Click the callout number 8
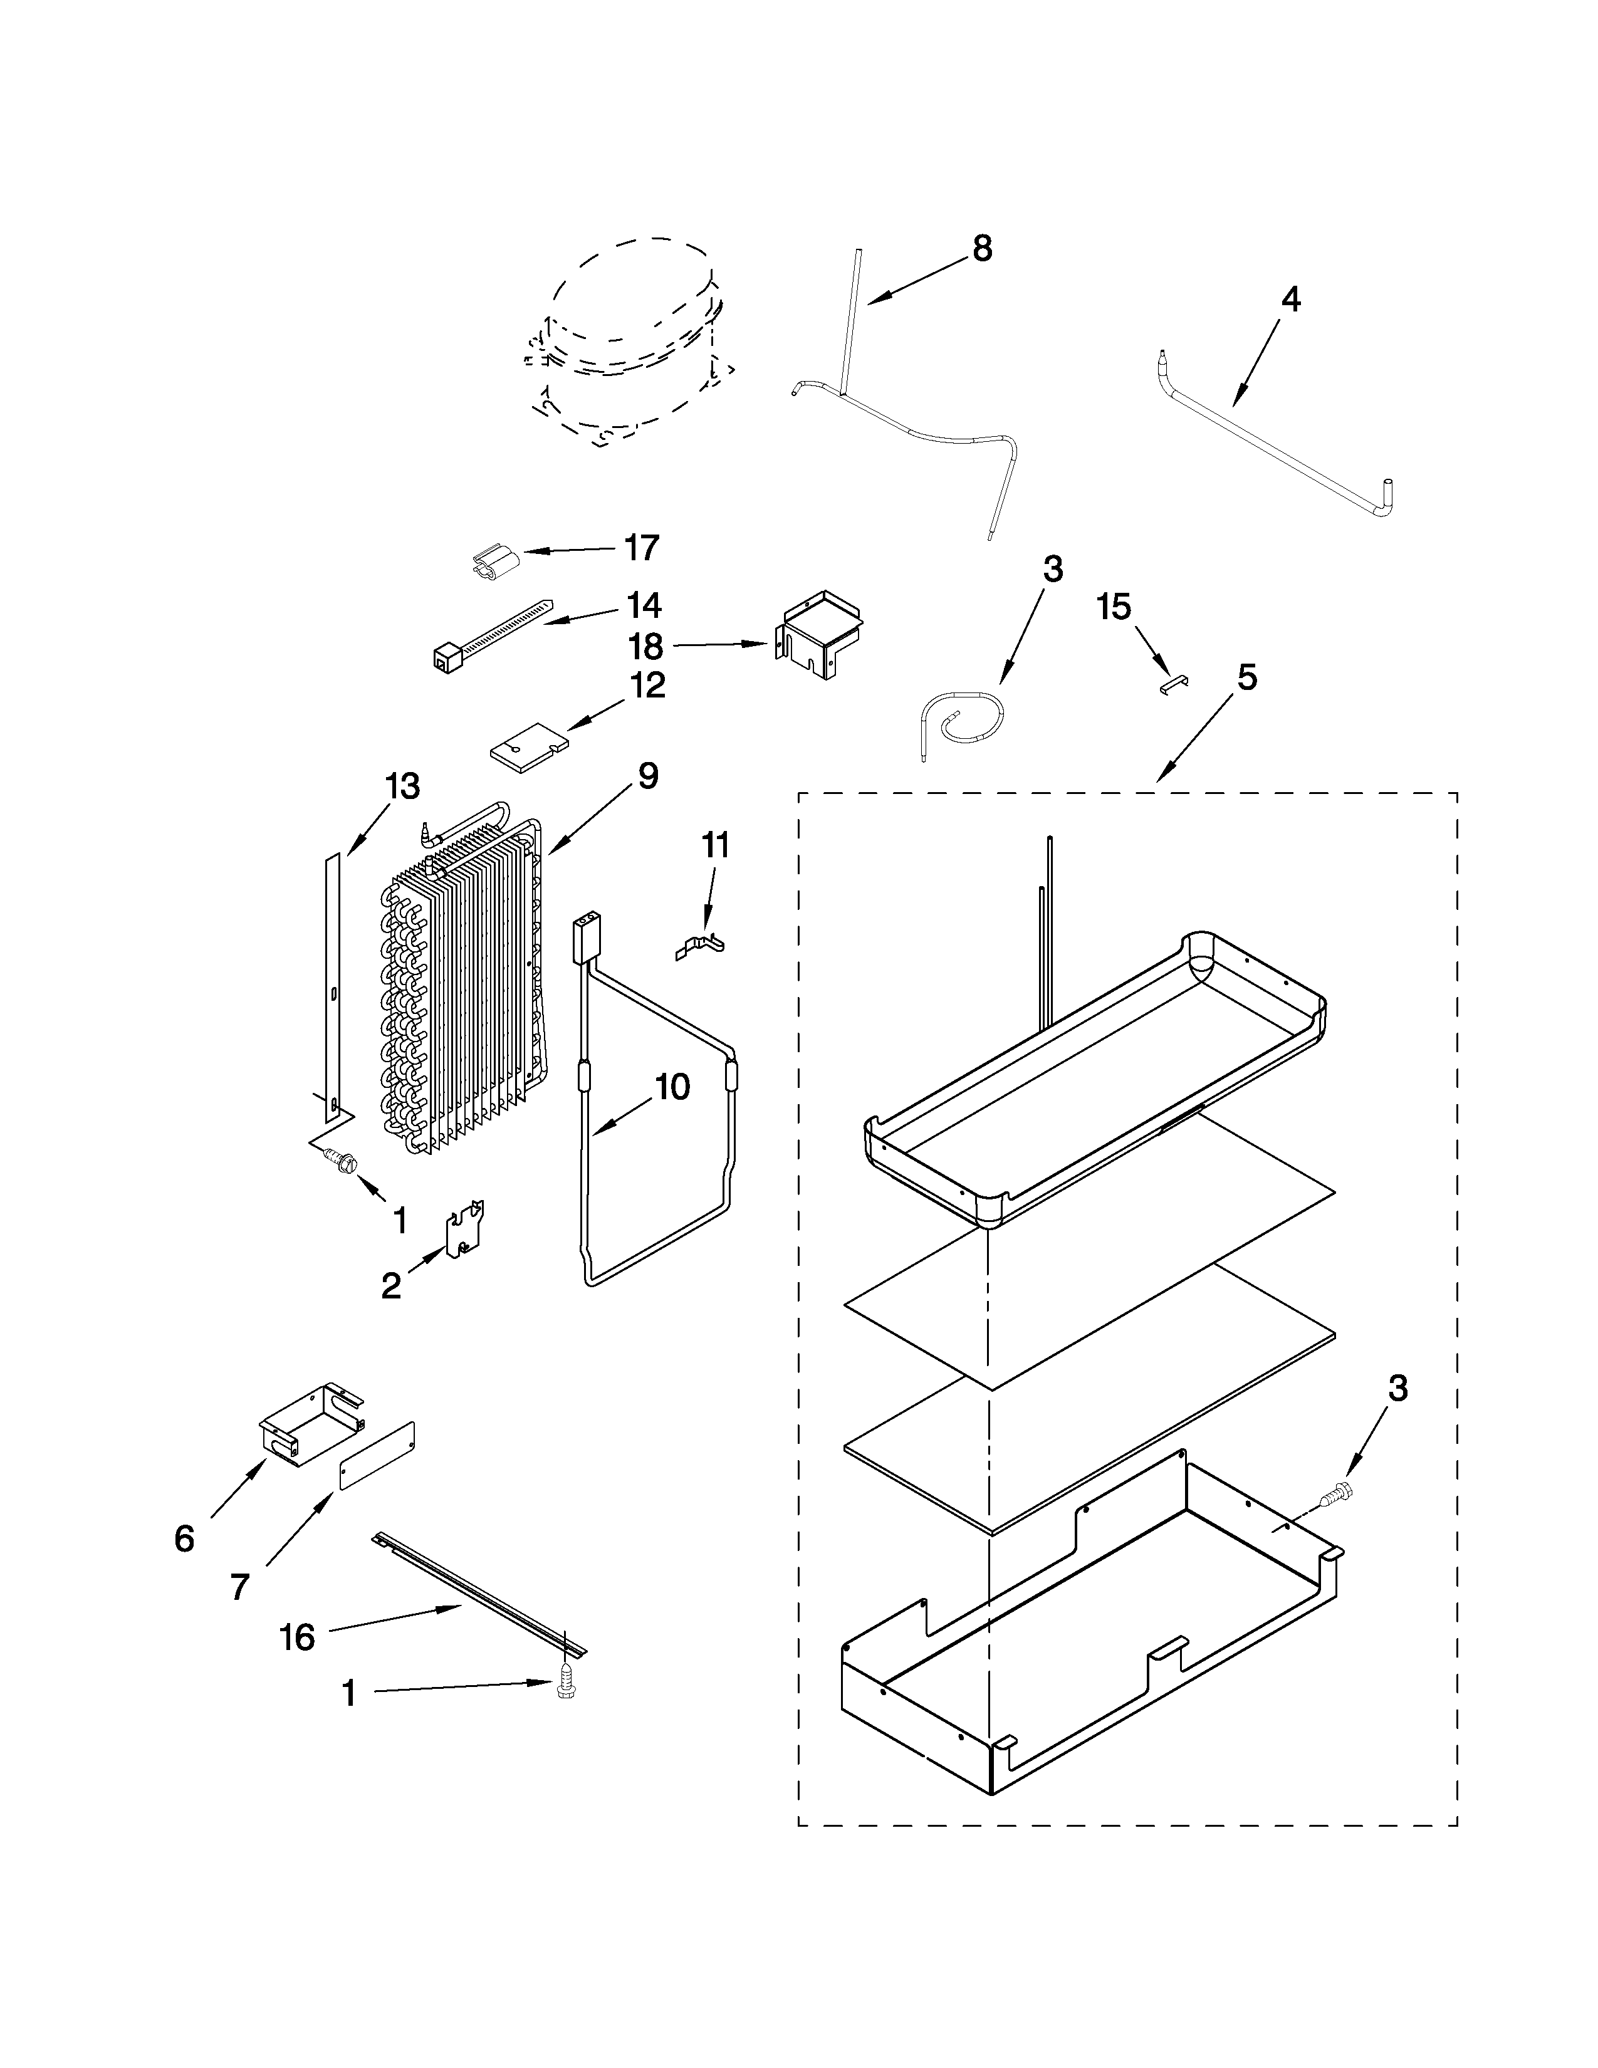pyautogui.click(x=982, y=249)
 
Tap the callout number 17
pyautogui.click(x=641, y=547)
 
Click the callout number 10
pyautogui.click(x=672, y=1087)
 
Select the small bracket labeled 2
pyautogui.click(x=466, y=1231)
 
